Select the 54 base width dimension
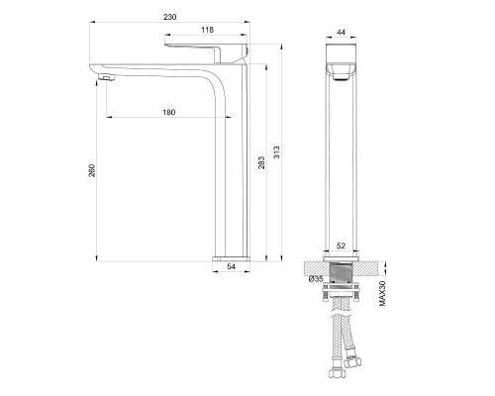[233, 266]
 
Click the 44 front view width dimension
[340, 32]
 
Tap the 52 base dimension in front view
[340, 246]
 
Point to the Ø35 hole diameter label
[314, 281]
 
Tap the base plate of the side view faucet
[233, 255]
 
